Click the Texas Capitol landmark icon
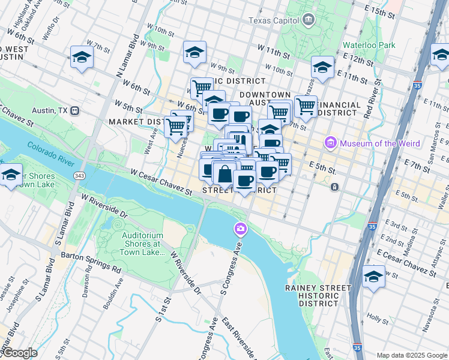(x=308, y=20)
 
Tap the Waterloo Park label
(x=369, y=45)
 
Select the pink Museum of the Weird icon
(x=330, y=143)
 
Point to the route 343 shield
(x=79, y=175)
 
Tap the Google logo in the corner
(x=19, y=353)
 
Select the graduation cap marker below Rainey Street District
(x=374, y=277)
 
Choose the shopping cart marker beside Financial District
(x=306, y=106)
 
